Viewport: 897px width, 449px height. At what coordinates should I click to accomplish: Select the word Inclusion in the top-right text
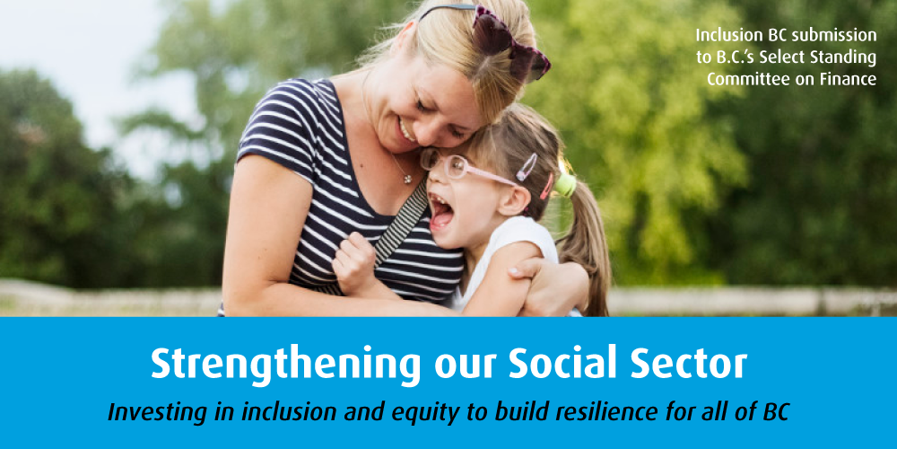(x=727, y=36)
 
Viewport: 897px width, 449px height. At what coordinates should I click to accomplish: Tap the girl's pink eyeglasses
(x=457, y=166)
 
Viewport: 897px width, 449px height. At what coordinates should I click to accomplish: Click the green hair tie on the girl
(x=565, y=184)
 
